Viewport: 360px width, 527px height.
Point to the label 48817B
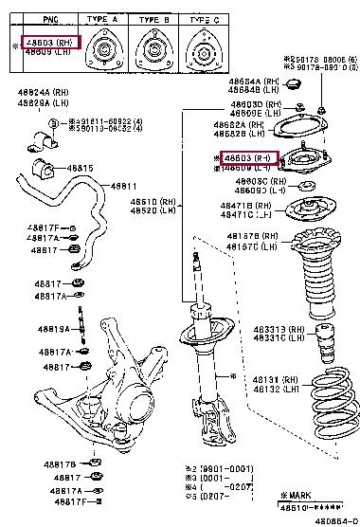[x=59, y=464]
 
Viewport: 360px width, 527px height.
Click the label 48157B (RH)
[x=250, y=237]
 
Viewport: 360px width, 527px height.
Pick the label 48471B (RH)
[x=247, y=205]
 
